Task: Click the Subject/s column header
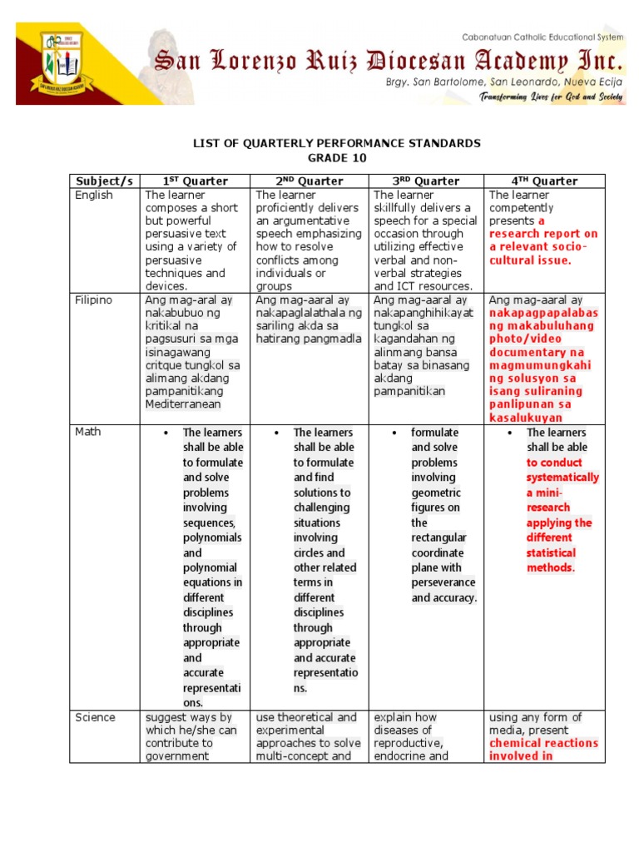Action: coord(105,181)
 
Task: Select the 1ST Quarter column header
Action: coord(196,181)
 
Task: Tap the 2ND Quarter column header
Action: coord(310,181)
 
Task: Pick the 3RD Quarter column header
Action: coord(427,181)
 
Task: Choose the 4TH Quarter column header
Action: coord(545,181)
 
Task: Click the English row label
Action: coord(94,196)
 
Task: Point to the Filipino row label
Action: coord(93,300)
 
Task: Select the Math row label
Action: coord(88,432)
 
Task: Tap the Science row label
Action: coord(96,717)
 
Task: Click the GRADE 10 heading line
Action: coord(337,158)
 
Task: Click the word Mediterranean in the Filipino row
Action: coord(183,404)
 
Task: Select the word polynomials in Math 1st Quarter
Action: coord(212,537)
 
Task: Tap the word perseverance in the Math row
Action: coord(443,582)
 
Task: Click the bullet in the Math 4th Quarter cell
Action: coord(510,433)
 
